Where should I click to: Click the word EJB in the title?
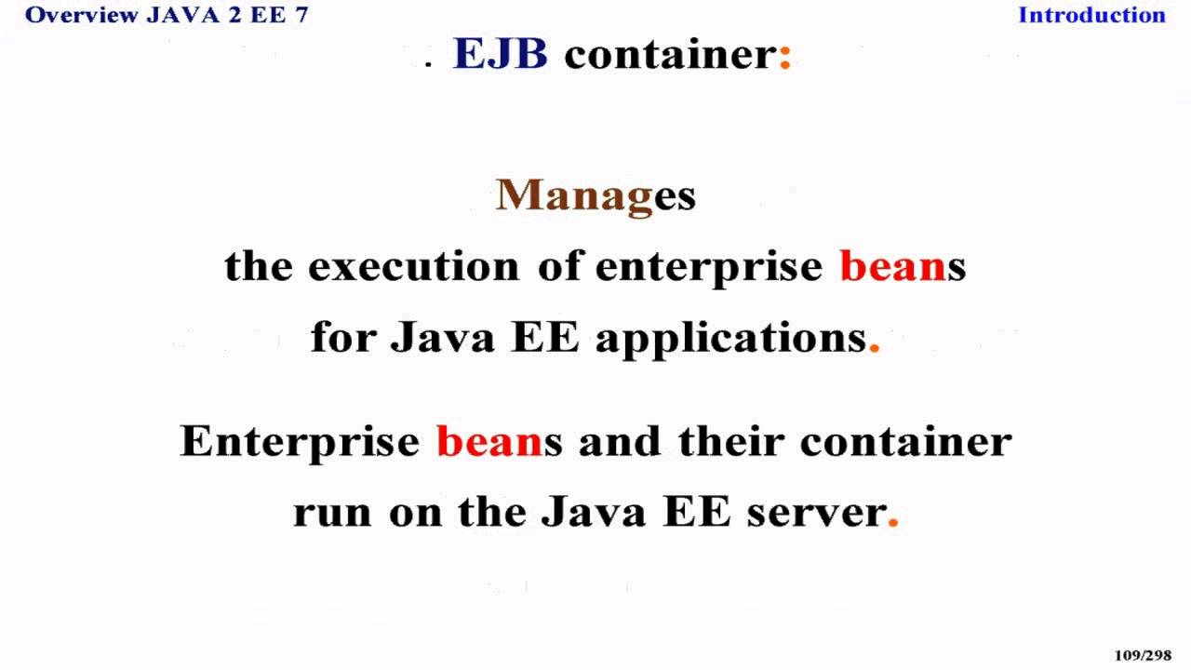(500, 54)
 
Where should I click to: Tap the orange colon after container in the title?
(784, 57)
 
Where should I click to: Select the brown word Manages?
(595, 195)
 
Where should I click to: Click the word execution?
(413, 266)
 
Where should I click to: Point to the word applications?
(731, 337)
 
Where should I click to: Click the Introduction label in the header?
(1091, 15)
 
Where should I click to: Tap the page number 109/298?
(1143, 655)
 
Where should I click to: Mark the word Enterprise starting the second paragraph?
(300, 441)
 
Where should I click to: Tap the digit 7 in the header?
(301, 15)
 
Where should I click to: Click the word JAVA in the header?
(183, 15)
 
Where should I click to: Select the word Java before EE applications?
(442, 337)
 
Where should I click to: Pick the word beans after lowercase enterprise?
(903, 266)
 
